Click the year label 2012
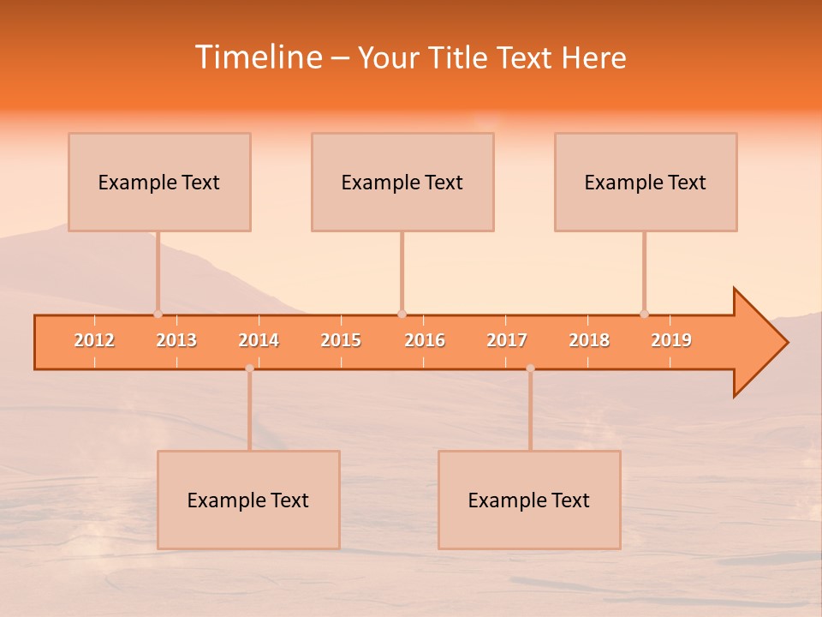(x=94, y=341)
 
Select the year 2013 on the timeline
(x=176, y=341)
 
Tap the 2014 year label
(x=259, y=341)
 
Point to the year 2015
(x=341, y=341)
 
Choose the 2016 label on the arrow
(x=425, y=341)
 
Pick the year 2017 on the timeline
(x=507, y=341)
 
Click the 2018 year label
(x=589, y=341)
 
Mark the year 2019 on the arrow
(x=671, y=341)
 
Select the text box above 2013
(x=159, y=183)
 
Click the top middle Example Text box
(x=402, y=183)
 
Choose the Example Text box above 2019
(x=646, y=183)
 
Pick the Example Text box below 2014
(x=248, y=500)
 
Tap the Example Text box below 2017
(x=529, y=500)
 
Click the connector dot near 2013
(x=158, y=314)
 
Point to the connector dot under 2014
(x=249, y=368)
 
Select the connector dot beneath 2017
(x=530, y=368)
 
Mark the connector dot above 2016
(x=402, y=314)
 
